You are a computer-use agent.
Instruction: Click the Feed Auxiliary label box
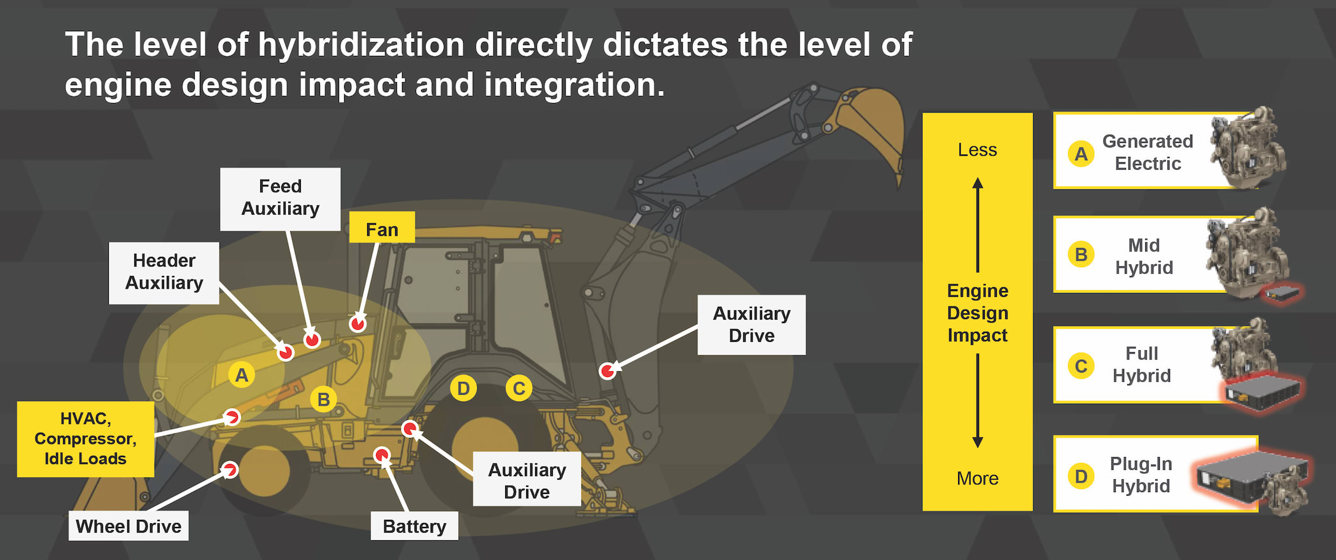[x=280, y=198]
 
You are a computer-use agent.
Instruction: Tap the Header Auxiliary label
[x=164, y=273]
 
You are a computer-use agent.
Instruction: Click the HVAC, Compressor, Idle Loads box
[x=85, y=439]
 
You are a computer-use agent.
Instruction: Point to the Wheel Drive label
[x=129, y=526]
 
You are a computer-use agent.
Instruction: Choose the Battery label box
[x=414, y=526]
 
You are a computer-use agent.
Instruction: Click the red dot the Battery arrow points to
[x=382, y=455]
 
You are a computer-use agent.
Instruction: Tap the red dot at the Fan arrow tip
[x=358, y=324]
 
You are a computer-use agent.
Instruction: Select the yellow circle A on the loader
[x=242, y=375]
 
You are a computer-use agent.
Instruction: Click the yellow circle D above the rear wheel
[x=463, y=388]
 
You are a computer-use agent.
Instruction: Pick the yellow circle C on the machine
[x=519, y=388]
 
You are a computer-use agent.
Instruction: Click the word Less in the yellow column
[x=977, y=150]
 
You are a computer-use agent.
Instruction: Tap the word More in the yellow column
[x=977, y=479]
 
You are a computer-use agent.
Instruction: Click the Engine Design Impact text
[x=977, y=313]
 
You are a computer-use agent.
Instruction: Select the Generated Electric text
[x=1147, y=153]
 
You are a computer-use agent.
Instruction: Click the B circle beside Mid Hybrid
[x=1081, y=255]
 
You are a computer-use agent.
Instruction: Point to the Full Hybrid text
[x=1141, y=364]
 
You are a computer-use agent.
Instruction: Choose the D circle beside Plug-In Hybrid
[x=1081, y=476]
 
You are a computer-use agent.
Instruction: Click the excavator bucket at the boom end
[x=875, y=127]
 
